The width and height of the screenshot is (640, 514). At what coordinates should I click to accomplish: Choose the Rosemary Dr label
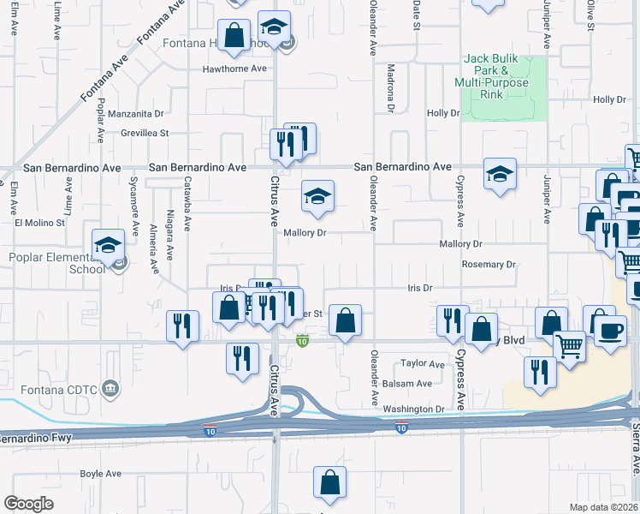point(489,265)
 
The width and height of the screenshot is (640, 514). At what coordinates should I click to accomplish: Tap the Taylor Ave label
point(424,364)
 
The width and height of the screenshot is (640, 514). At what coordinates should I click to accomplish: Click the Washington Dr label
point(414,409)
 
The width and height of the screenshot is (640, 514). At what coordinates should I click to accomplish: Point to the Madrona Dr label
point(390,88)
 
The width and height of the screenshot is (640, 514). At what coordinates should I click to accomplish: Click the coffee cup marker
point(610,332)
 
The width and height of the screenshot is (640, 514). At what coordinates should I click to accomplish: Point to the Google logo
point(28,504)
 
